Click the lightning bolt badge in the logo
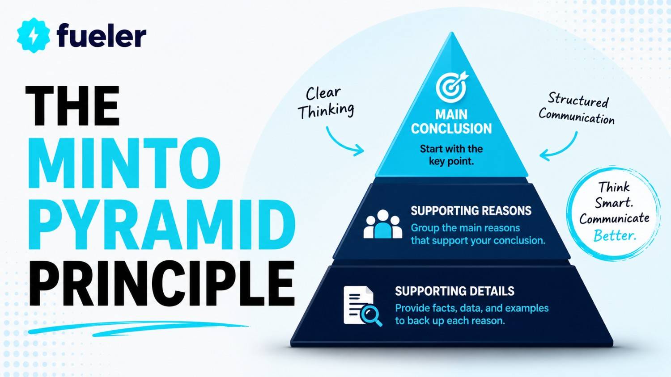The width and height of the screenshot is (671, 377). coord(33,35)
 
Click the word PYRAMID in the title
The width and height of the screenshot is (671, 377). coord(161,224)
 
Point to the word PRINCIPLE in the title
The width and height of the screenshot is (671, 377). coord(161,283)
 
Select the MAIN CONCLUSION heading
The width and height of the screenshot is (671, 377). coord(451,121)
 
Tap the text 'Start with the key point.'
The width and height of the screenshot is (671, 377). coord(451,155)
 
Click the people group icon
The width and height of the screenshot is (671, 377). coord(383,224)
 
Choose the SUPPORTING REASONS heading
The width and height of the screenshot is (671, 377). coord(471,211)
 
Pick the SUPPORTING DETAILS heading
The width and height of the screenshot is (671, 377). coord(455,291)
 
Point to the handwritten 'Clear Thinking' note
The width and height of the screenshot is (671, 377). coord(326,103)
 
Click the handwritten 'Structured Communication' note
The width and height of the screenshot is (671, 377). coord(577,109)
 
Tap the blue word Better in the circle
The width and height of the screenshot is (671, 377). coord(615,235)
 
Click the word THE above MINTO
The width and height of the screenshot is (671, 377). coord(72,105)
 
